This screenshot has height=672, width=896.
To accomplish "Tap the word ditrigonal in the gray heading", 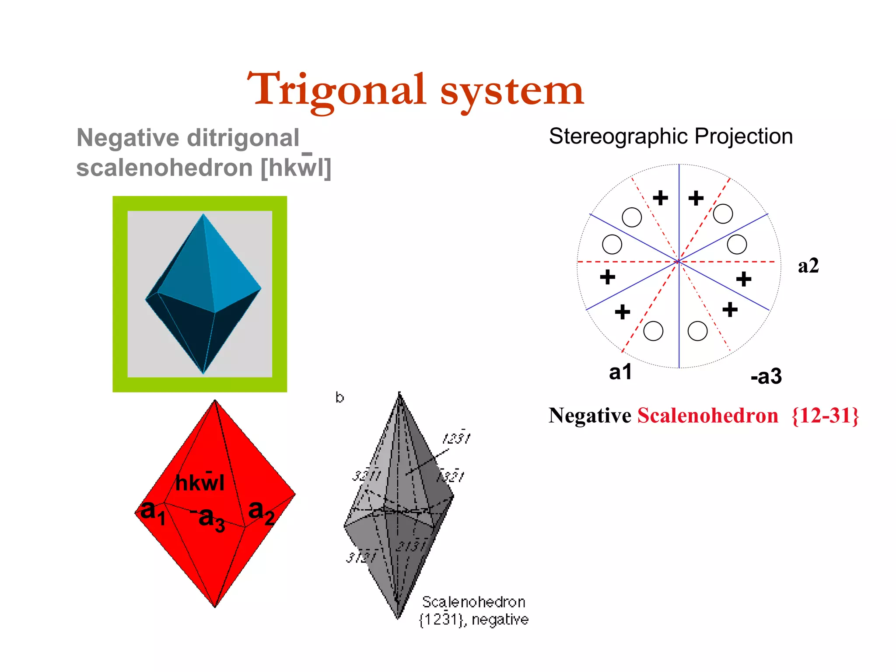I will point(243,138).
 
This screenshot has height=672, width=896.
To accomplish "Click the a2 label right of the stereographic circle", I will point(808,266).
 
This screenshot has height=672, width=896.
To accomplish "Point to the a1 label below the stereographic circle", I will point(620,372).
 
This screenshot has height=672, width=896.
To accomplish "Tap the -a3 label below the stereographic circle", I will point(766,376).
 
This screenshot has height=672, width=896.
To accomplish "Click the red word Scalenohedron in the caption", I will point(707,416).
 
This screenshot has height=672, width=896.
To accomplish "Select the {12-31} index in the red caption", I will point(825,416).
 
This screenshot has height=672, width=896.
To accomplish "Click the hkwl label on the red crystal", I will point(199,482).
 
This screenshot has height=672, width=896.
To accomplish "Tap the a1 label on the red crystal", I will point(153,512).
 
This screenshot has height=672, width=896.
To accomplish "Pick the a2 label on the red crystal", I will point(261,512).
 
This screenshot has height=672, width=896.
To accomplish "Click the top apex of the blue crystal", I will point(203,214).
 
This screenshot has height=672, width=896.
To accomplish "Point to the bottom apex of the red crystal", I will point(215,606).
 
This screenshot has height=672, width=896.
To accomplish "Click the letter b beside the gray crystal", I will point(339,397).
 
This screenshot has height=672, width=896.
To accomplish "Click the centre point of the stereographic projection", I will point(679,262).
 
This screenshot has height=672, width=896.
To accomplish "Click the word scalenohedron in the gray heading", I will point(164,168).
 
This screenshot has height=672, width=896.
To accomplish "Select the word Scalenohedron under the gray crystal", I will point(473,602).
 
